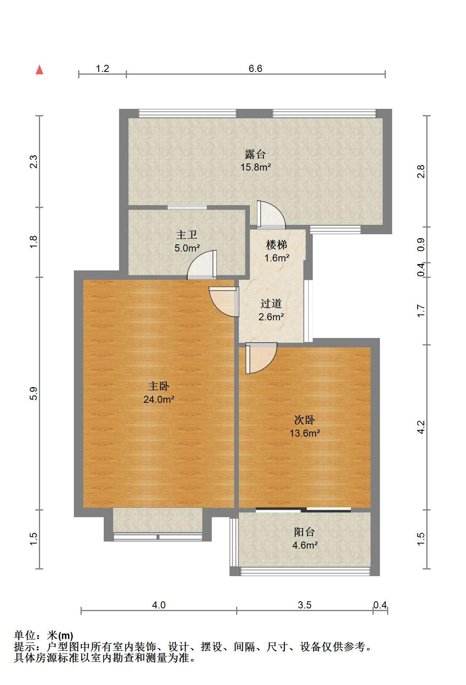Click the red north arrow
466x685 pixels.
pos(39,70)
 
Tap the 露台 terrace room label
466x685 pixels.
pos(255,154)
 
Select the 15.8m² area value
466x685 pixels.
pos(255,167)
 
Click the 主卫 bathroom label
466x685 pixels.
pos(187,235)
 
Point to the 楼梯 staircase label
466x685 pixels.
pos(277,245)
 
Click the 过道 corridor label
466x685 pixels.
pos(271,303)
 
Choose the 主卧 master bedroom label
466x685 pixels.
pos(159,386)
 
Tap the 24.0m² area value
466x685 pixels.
pos(159,400)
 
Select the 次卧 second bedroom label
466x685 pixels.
pos(305,420)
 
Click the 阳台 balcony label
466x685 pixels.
pos(305,532)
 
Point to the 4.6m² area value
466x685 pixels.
pos(305,545)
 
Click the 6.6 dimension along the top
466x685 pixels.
pos(255,69)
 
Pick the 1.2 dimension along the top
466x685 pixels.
pos(103,69)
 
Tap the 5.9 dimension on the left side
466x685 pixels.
pos(33,393)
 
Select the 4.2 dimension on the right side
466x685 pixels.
pos(421,427)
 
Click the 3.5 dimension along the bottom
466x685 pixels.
pos(305,605)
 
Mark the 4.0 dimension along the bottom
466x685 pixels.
pos(159,605)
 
